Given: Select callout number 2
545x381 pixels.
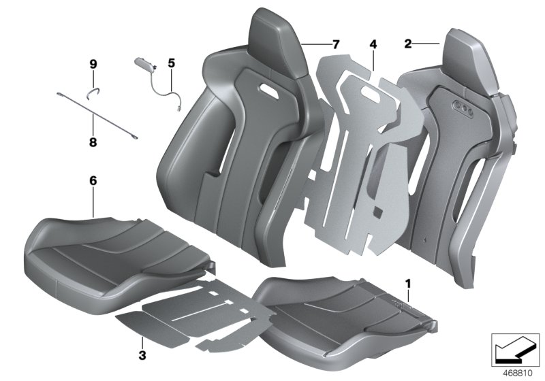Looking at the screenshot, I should tap(407, 44).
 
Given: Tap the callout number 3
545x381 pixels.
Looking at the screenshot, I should tap(141, 355).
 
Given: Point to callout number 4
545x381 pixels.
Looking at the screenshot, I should tap(373, 44).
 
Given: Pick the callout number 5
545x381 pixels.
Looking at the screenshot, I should tap(171, 63).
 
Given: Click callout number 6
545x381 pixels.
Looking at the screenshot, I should tap(93, 181).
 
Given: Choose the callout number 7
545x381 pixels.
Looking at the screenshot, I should tap(334, 44).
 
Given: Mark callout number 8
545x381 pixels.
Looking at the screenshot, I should tap(93, 143).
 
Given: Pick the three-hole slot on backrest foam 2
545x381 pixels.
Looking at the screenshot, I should tap(463, 106).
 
